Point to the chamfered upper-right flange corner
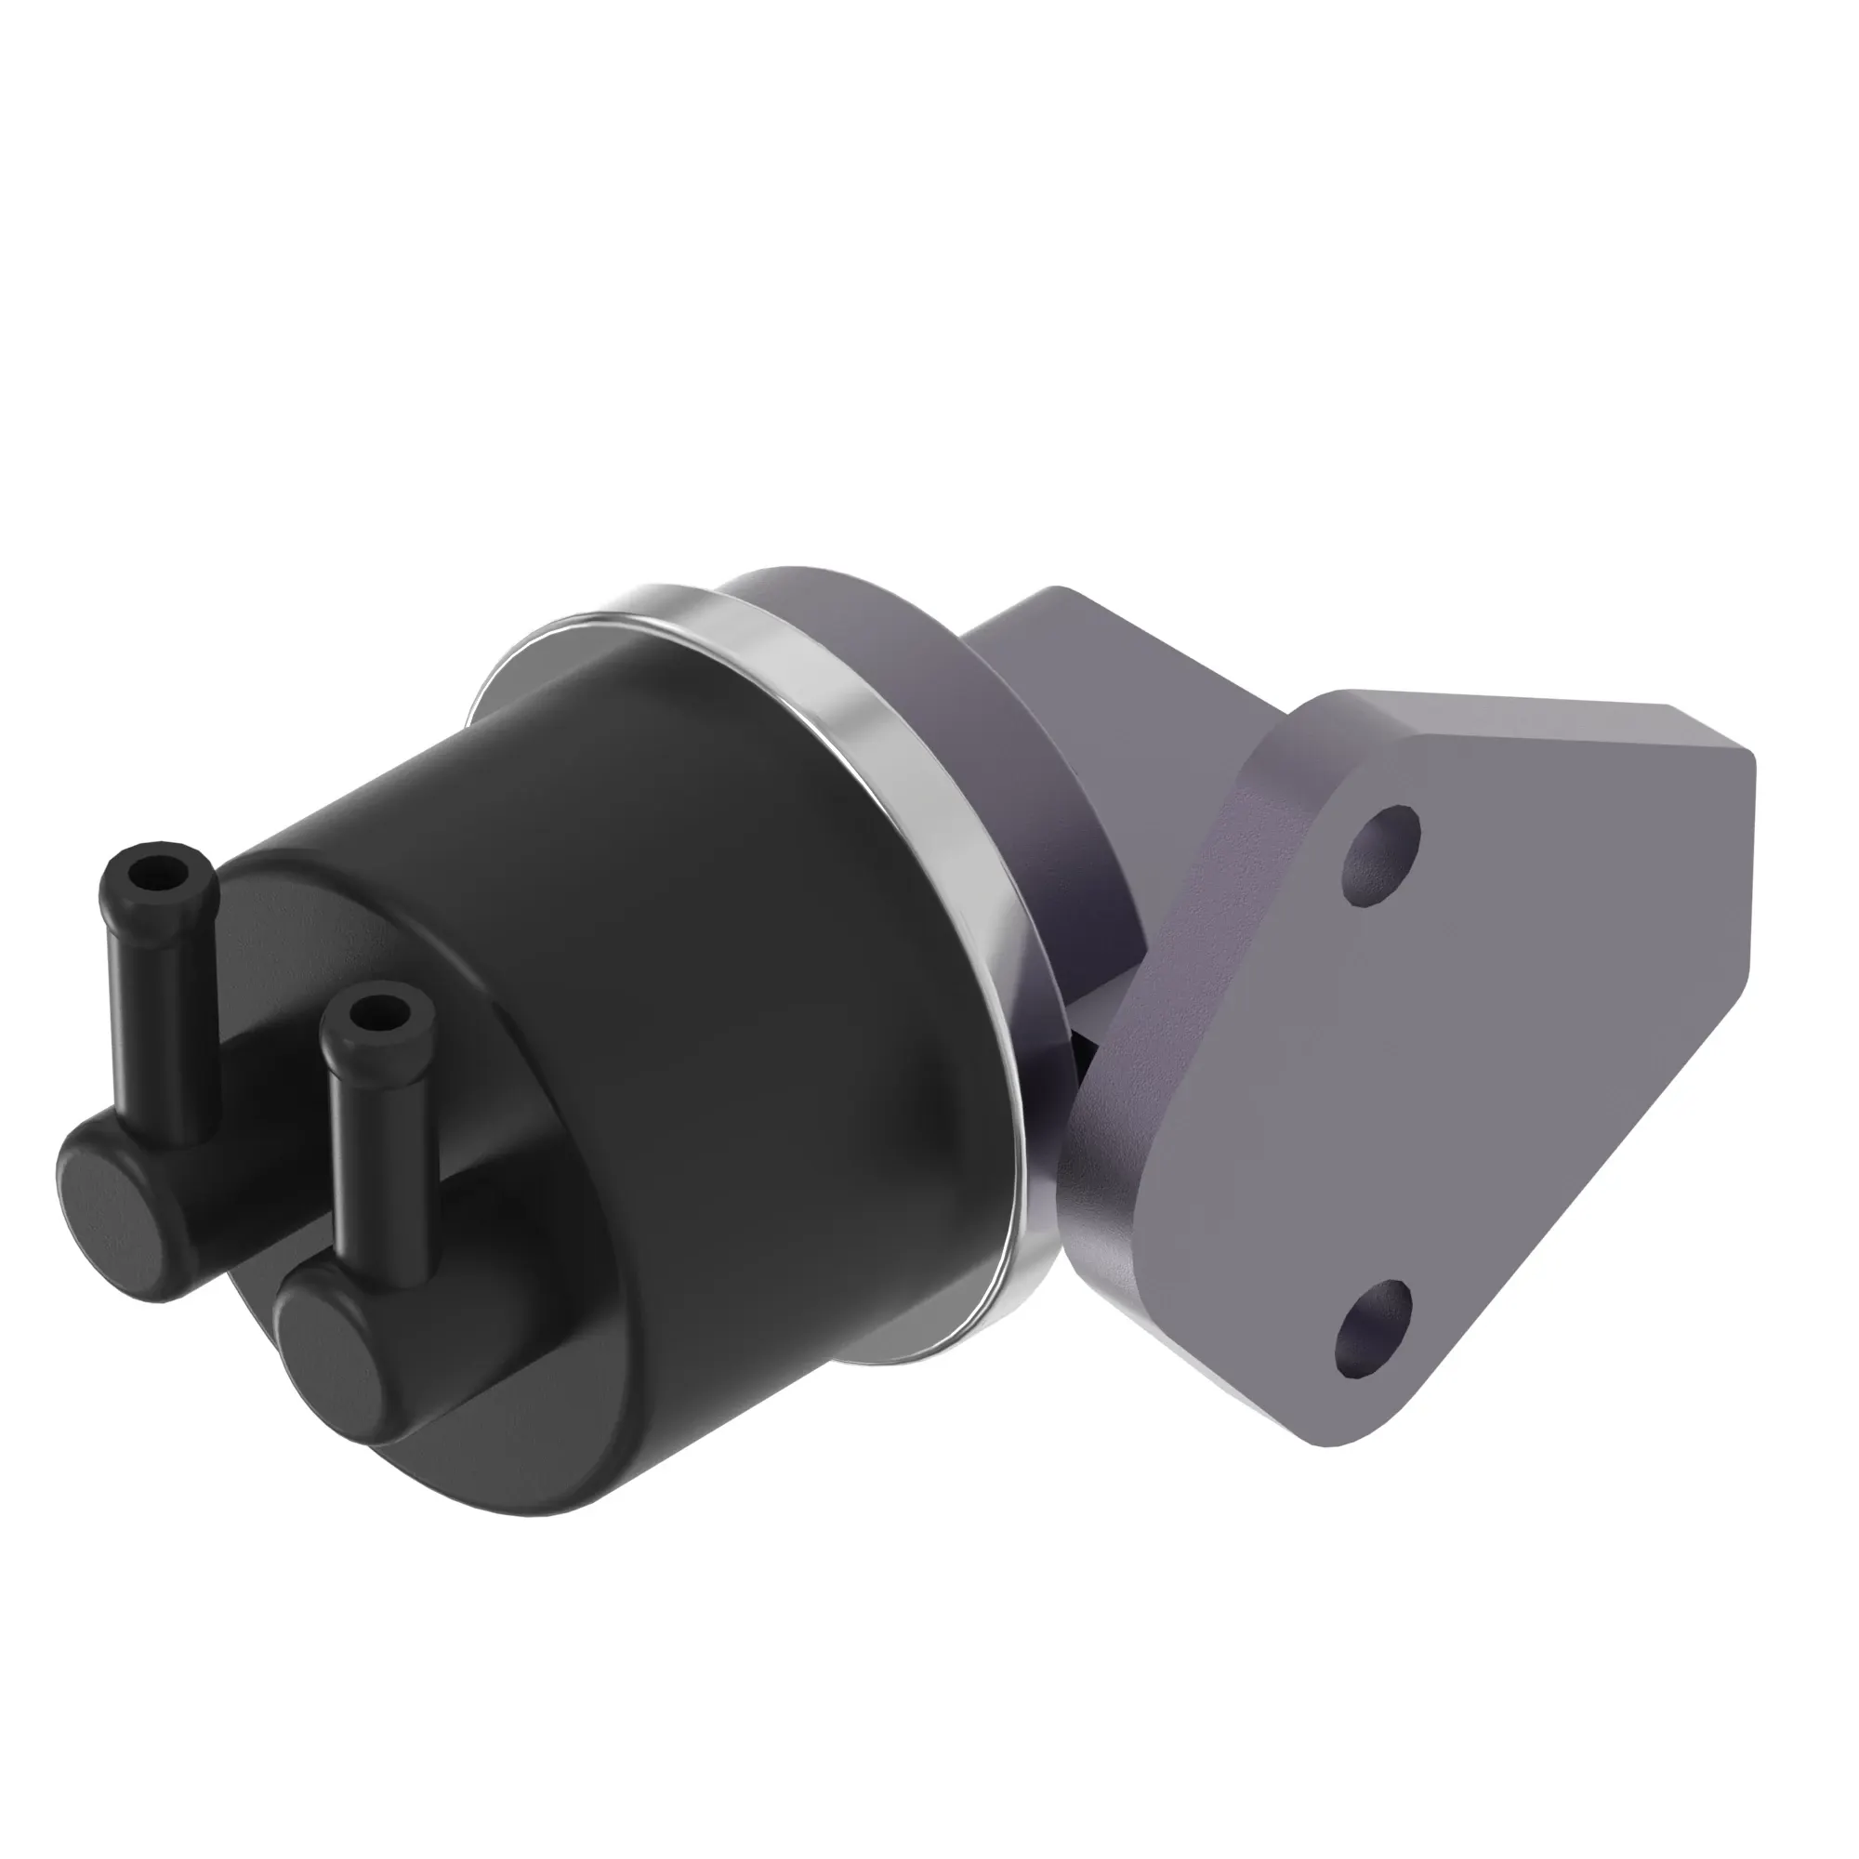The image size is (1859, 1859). tap(1722, 770)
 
